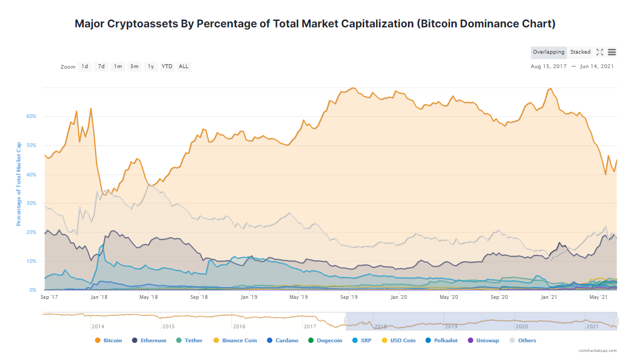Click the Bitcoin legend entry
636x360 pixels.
(108, 340)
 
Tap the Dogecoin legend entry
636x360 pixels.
(326, 340)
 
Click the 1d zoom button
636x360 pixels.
(85, 67)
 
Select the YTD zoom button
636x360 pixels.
(167, 67)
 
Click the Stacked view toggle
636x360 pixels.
(580, 52)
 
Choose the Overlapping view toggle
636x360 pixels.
(549, 52)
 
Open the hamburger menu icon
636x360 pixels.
(612, 52)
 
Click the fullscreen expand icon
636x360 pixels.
(600, 52)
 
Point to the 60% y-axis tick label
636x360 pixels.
(32, 116)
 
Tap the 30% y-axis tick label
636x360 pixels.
(32, 203)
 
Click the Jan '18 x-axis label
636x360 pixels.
(97, 297)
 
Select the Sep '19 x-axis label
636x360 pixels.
(349, 297)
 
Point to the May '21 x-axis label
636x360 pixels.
(598, 297)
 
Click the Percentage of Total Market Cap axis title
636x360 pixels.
(19, 183)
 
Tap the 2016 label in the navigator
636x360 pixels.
(239, 326)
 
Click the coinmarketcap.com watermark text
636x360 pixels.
(597, 350)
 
